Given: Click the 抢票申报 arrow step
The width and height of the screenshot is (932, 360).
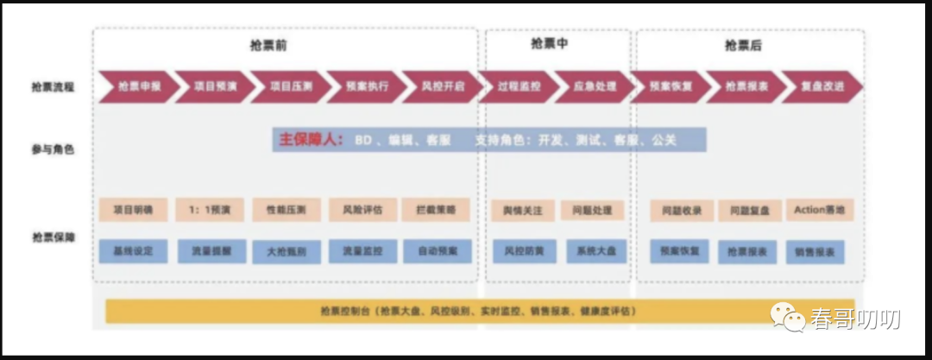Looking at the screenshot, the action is tap(139, 87).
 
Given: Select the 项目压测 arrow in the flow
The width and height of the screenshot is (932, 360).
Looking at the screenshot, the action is tap(290, 87).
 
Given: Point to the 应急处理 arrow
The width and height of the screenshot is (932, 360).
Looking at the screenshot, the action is tap(592, 87).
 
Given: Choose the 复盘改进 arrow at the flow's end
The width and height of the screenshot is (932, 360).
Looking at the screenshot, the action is tap(822, 87).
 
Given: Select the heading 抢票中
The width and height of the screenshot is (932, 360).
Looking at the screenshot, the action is tap(550, 43).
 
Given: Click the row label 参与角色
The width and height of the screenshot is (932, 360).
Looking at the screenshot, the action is tap(52, 148).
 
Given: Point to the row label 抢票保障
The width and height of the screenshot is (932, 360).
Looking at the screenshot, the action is tap(52, 237).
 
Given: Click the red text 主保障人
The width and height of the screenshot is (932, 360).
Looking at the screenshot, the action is tap(311, 140).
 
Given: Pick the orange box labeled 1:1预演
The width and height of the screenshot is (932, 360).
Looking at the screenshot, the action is tap(210, 209).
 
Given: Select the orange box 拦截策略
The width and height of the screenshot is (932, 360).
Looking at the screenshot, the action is tap(436, 209).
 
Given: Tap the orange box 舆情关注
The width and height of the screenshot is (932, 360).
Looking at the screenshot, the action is tap(517, 210).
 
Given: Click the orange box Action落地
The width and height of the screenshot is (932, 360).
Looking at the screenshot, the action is tap(820, 210).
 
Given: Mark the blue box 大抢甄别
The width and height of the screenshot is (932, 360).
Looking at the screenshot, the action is tap(285, 252).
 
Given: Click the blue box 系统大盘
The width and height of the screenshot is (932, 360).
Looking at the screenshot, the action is tap(591, 251).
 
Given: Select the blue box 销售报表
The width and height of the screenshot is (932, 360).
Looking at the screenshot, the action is tap(815, 252).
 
